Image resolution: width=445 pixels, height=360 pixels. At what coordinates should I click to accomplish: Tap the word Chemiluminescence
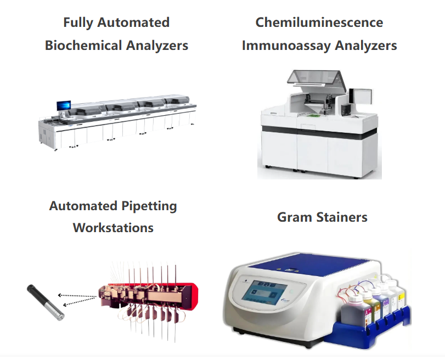point(319,22)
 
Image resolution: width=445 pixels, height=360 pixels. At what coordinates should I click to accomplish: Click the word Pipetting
point(149,206)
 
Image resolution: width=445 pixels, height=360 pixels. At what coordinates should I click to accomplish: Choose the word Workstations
point(113,228)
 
